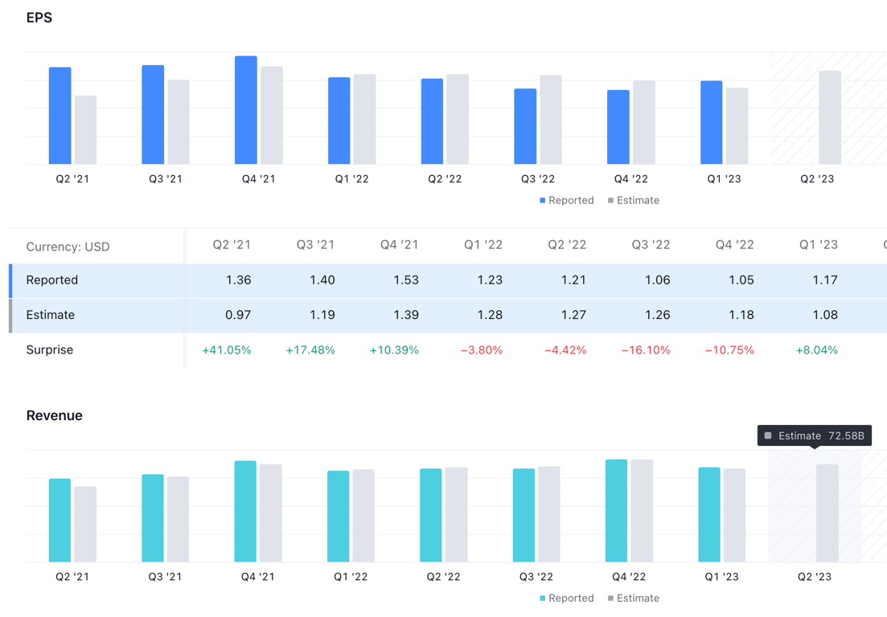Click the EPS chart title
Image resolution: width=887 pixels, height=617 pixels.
(x=39, y=18)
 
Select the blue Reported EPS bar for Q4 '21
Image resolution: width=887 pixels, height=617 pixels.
(x=246, y=110)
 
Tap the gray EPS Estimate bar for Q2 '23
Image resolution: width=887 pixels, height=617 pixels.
(x=830, y=117)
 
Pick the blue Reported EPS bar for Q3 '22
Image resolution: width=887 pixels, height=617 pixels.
(x=525, y=126)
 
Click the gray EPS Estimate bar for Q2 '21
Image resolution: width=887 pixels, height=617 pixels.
(x=86, y=130)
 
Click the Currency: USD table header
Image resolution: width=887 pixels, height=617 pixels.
(x=68, y=247)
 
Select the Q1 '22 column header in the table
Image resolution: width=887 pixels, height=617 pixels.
(x=483, y=245)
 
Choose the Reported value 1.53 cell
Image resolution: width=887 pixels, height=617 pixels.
(x=405, y=280)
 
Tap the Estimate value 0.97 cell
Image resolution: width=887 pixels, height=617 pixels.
(x=238, y=315)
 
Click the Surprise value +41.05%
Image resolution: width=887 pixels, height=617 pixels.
(x=227, y=350)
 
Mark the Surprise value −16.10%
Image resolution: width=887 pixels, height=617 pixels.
(x=646, y=350)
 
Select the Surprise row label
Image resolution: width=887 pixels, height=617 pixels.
(x=50, y=350)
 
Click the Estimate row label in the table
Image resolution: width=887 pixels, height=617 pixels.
(x=50, y=315)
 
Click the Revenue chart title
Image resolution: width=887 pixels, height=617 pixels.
(x=54, y=415)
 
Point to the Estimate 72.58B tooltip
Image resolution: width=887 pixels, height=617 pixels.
(x=814, y=435)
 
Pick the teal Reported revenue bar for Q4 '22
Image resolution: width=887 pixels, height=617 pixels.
(x=616, y=511)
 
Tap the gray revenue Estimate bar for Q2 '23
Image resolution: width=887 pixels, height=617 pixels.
(x=827, y=513)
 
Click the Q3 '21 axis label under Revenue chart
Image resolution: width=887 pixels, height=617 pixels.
(x=165, y=577)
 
